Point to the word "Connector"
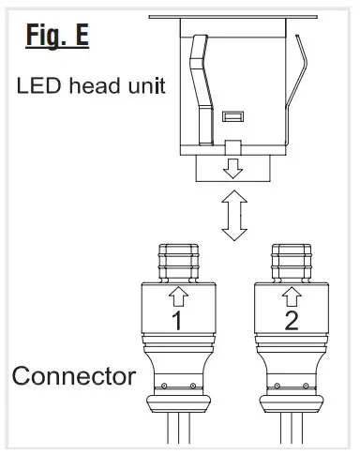point(73,379)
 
